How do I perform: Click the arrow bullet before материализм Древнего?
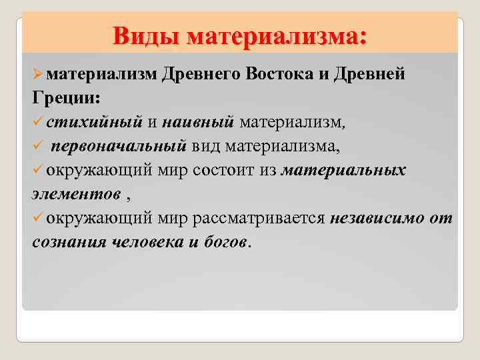point(39,74)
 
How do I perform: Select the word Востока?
point(276,74)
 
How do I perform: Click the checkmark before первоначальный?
point(39,146)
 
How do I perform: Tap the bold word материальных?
point(343,170)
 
